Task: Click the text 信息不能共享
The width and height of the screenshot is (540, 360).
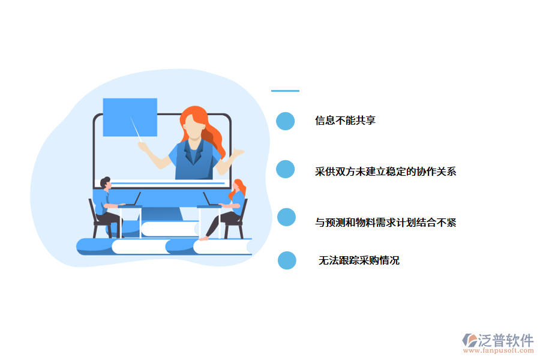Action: pos(346,121)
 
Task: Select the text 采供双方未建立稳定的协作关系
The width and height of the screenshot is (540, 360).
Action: pos(386,172)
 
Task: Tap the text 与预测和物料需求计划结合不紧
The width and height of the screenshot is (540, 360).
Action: pos(386,223)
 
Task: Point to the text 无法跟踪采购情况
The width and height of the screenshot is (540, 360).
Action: pos(359,260)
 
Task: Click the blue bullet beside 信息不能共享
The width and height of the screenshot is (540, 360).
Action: pos(286,121)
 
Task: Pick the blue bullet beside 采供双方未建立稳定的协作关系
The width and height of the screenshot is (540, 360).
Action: pos(286,169)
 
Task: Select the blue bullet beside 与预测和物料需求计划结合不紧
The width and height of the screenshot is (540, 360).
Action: pos(287,217)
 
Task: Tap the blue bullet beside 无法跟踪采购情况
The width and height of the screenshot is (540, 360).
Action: pos(287,260)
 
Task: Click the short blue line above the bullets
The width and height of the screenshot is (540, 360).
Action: pos(285,91)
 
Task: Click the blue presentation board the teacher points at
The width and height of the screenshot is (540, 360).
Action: pos(130,117)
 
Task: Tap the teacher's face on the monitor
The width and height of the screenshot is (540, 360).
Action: pos(192,126)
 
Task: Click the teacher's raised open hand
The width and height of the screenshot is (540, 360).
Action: pos(235,154)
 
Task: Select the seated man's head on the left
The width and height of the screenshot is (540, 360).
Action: pos(106,182)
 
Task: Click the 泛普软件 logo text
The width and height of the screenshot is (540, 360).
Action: pos(505,340)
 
